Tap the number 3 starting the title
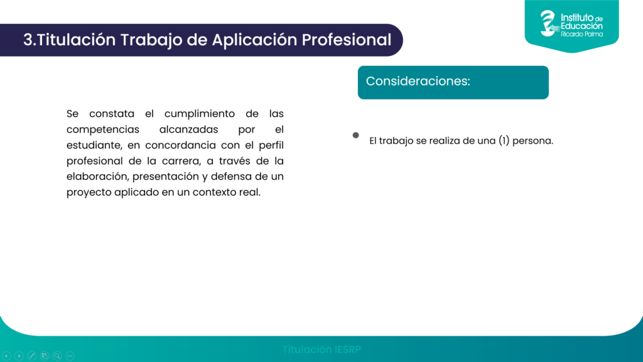coord(28,40)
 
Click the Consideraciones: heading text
coord(418,81)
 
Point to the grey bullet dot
coord(355,135)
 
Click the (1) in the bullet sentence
coord(504,141)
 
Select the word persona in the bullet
coord(532,141)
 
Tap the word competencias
coord(103,129)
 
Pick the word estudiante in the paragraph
coord(94,145)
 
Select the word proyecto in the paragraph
coord(88,192)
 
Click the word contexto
coord(215,192)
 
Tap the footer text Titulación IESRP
coord(321,349)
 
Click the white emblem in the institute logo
coord(549,23)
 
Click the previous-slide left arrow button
coord(6,356)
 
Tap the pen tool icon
coord(32,356)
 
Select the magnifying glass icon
coord(57,356)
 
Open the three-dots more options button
coord(70,356)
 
